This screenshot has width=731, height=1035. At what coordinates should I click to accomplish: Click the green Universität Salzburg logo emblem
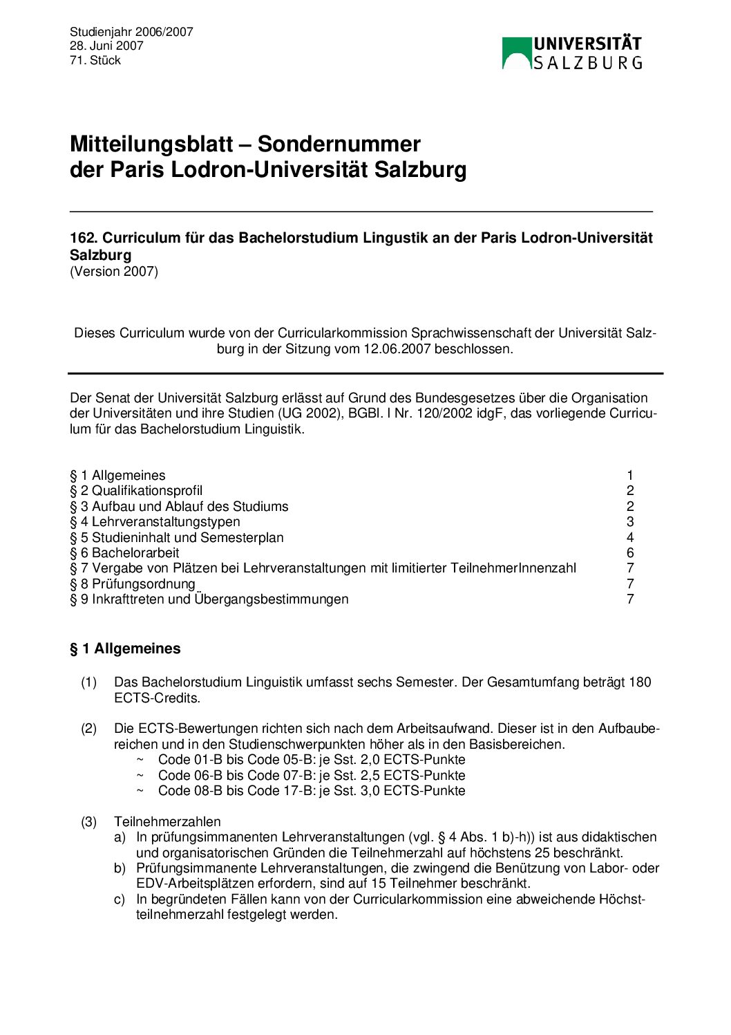point(516,53)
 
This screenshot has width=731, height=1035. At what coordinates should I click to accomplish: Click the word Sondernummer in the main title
point(339,144)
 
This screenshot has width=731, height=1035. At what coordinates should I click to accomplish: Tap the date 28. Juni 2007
point(106,46)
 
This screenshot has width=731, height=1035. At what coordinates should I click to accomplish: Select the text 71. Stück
point(95,60)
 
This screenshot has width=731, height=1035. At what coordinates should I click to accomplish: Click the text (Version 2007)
point(114,271)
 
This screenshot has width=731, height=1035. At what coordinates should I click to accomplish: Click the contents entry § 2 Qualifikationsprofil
point(136,491)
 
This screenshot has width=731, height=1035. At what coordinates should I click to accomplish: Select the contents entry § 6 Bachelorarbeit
point(124,552)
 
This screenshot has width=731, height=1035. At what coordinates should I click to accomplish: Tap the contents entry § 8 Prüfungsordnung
point(133,584)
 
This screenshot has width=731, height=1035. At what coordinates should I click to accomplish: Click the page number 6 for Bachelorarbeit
point(630,552)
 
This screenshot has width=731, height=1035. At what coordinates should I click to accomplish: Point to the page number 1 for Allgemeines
point(630,475)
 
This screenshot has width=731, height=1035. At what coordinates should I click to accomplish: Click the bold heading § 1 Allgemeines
point(125,649)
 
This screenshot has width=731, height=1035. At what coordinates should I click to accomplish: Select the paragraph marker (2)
point(89,728)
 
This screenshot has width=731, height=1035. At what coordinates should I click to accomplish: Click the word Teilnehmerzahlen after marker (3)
point(167,821)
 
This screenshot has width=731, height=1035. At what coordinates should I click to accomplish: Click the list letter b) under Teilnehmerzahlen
point(120,868)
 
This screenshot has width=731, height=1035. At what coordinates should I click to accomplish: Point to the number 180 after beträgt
point(640,682)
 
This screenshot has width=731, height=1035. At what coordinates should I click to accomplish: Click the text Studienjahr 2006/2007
point(131,32)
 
